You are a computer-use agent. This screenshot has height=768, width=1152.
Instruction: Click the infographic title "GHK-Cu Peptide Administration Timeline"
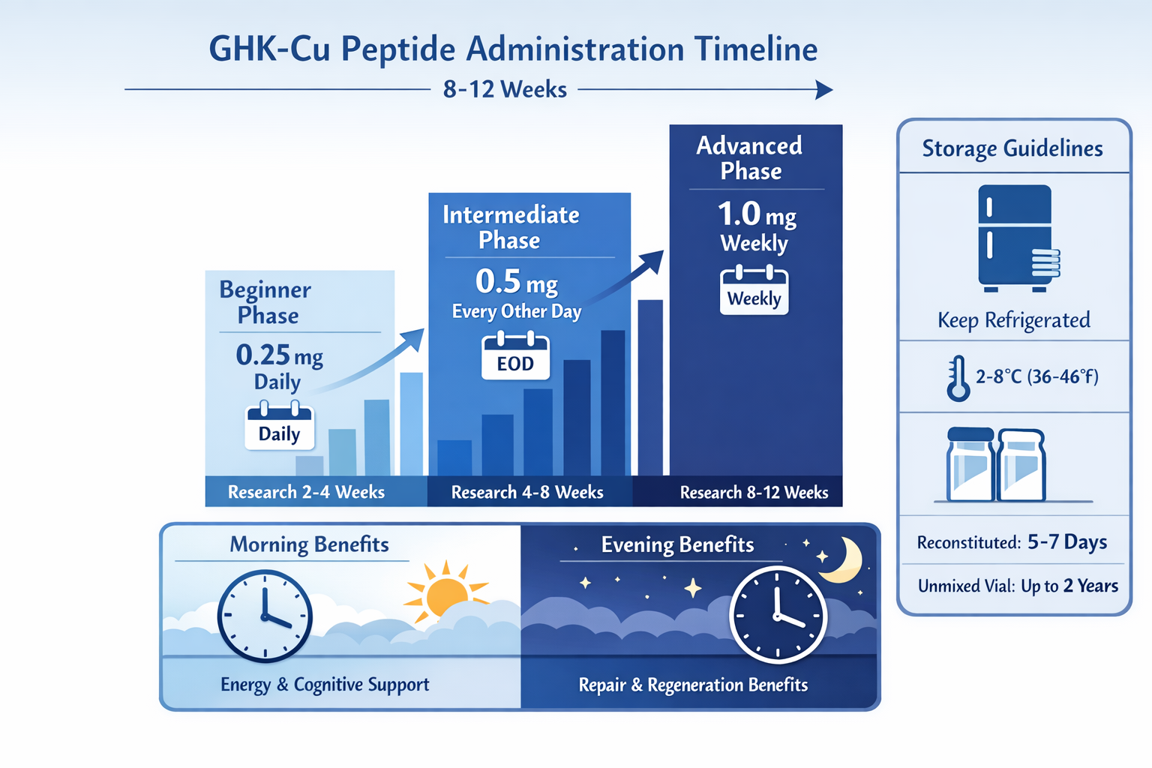coord(513,49)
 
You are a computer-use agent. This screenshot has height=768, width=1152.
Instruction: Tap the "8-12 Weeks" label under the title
coord(505,90)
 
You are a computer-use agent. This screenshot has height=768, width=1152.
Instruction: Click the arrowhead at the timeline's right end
coord(824,90)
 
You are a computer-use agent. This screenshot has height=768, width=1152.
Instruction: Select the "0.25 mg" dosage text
coord(279,355)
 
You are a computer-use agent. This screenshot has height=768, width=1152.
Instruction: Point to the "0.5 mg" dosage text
coord(517,283)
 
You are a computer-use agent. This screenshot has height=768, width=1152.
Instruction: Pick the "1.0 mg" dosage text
coord(756,215)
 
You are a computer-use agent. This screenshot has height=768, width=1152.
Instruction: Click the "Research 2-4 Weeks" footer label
coord(306,492)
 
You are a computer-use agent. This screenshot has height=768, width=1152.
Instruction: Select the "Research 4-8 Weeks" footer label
coord(527,492)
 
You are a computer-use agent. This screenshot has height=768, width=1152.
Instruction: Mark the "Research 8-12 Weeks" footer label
coord(754,493)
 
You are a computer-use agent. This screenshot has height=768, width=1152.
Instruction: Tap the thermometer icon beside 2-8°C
coord(957,378)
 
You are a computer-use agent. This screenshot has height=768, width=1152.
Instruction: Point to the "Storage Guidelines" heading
coord(1012,148)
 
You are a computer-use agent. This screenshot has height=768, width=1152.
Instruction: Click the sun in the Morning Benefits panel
coord(445,592)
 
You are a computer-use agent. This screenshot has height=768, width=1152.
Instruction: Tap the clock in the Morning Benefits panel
coord(265,616)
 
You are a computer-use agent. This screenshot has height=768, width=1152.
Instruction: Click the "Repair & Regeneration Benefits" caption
coord(693,685)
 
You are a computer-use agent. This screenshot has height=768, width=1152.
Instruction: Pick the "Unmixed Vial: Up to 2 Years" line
coord(1018,586)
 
